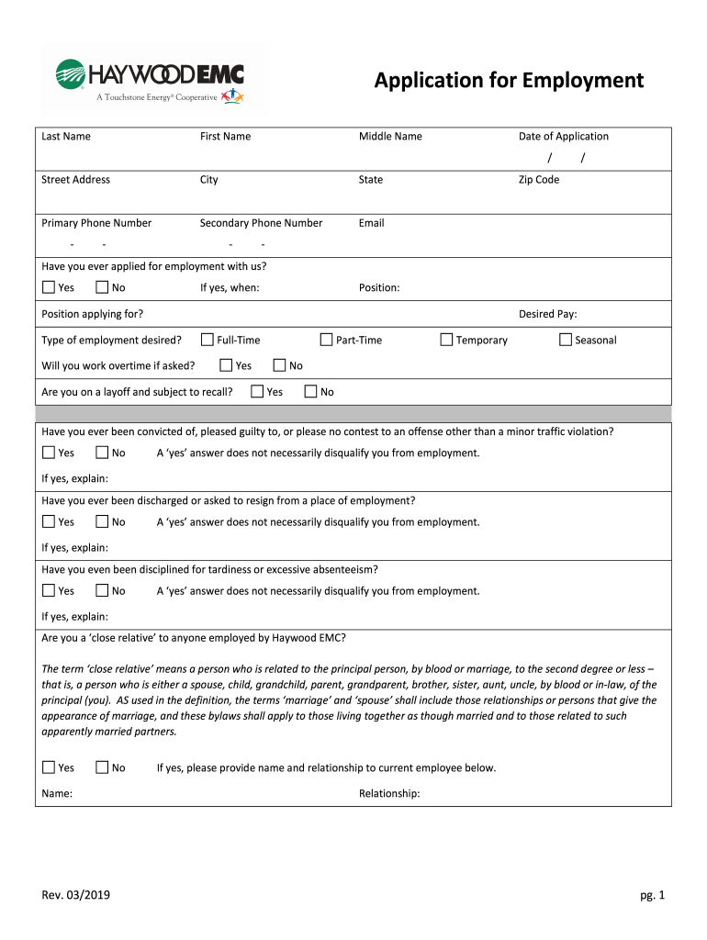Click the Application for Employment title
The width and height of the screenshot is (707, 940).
(509, 81)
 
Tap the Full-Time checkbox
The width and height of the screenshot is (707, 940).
(208, 340)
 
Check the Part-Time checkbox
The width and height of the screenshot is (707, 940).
(327, 340)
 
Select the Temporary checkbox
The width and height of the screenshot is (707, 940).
(447, 340)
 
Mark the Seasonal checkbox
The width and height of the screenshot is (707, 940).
(566, 340)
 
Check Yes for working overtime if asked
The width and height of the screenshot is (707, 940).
(226, 365)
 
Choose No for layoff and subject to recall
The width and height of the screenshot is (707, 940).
(311, 392)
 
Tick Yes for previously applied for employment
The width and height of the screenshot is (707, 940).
(49, 288)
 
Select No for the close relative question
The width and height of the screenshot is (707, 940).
(102, 767)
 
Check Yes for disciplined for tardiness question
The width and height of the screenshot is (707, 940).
(49, 591)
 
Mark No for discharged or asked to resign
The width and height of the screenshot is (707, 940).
(102, 522)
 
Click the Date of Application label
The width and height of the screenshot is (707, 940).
(563, 137)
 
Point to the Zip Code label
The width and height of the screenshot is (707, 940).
(538, 180)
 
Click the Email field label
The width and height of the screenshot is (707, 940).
(371, 223)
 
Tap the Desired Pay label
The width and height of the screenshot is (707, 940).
(547, 314)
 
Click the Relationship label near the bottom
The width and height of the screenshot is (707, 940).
(389, 794)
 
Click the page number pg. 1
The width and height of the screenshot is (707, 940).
(652, 896)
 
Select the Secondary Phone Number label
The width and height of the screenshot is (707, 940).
(261, 223)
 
